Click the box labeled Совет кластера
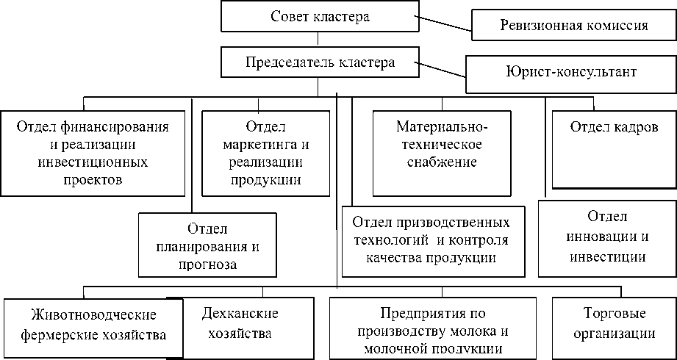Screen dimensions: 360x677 pos(318,17)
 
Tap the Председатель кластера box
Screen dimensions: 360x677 pos(318,62)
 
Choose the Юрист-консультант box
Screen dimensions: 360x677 pos(571,72)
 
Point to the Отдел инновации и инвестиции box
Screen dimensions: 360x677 pos(606,237)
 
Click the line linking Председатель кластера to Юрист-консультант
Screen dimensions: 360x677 pos(440,69)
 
